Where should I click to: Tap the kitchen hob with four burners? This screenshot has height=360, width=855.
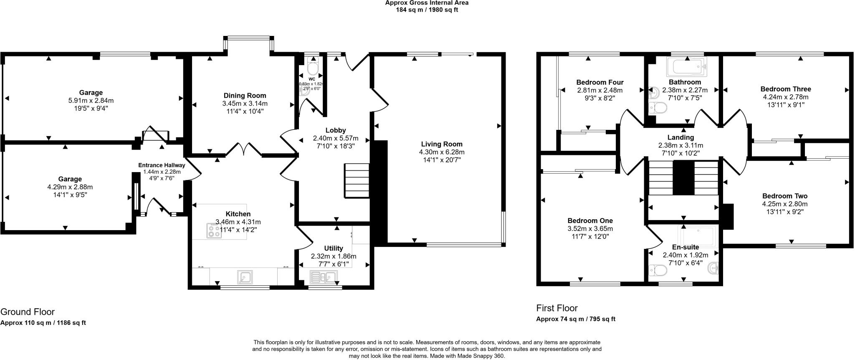pos(215,231)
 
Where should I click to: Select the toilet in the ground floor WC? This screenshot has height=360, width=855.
pos(312,68)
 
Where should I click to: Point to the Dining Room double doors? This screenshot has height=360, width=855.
pos(244,149)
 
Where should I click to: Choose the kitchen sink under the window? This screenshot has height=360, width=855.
pos(244,276)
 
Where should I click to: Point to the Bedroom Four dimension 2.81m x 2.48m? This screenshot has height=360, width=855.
pos(600,90)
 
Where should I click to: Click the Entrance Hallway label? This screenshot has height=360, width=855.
pos(162,165)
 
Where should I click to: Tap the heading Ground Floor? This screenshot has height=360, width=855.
pos(28,312)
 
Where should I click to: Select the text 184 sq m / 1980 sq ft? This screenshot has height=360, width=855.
pos(427,10)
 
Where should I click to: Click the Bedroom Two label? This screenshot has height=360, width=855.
pos(784,196)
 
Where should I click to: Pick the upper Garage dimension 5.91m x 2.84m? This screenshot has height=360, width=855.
pos(91,101)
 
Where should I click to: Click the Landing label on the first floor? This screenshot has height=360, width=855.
pos(680,137)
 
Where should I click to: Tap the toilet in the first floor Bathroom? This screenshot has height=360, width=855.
pos(658,108)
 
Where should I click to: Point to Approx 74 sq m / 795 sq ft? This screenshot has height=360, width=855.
pos(575,319)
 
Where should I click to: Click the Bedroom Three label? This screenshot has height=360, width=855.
pos(785,89)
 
